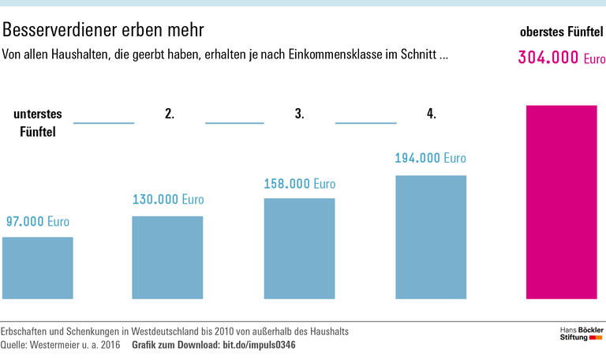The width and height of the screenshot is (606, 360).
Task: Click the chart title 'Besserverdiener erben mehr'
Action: point(103,30)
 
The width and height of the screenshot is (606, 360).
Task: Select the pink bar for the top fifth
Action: point(561,201)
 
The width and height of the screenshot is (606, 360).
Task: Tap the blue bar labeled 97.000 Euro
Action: point(38,268)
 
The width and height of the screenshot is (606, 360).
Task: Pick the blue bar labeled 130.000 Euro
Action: point(167,257)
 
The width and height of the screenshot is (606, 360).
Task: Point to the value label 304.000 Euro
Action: point(561,58)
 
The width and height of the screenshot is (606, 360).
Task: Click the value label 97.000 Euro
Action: point(38,222)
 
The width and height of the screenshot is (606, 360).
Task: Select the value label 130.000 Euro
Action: point(167,200)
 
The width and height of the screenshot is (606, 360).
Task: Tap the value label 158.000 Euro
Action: point(299,184)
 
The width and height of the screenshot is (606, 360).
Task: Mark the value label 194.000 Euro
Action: point(430,159)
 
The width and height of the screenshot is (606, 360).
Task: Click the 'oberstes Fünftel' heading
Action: point(561,32)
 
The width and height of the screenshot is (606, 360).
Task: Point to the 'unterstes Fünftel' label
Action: point(37,123)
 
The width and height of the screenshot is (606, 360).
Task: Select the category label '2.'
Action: point(170,114)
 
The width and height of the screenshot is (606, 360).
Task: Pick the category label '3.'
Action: point(300,114)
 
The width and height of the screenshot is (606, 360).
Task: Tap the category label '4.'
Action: point(432,114)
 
